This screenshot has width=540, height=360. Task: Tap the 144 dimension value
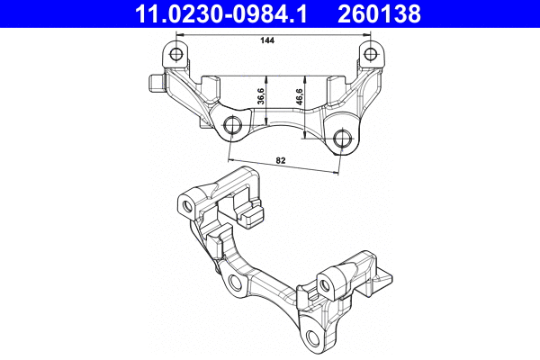(265, 41)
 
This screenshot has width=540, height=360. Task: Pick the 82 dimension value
(281, 160)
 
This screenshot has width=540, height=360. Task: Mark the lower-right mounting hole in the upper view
(341, 139)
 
